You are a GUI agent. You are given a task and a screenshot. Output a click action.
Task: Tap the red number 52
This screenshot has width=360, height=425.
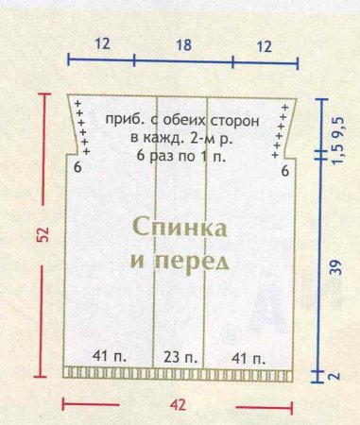point(43,233)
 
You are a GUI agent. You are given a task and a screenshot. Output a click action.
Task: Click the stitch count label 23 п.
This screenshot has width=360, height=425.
point(180,356)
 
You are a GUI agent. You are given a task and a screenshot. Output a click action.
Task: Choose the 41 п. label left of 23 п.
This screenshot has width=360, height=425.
point(111,356)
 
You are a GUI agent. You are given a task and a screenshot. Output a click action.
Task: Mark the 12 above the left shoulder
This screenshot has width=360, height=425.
point(102,43)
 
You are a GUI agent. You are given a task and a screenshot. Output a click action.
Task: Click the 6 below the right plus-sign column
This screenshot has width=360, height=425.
point(284,171)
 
